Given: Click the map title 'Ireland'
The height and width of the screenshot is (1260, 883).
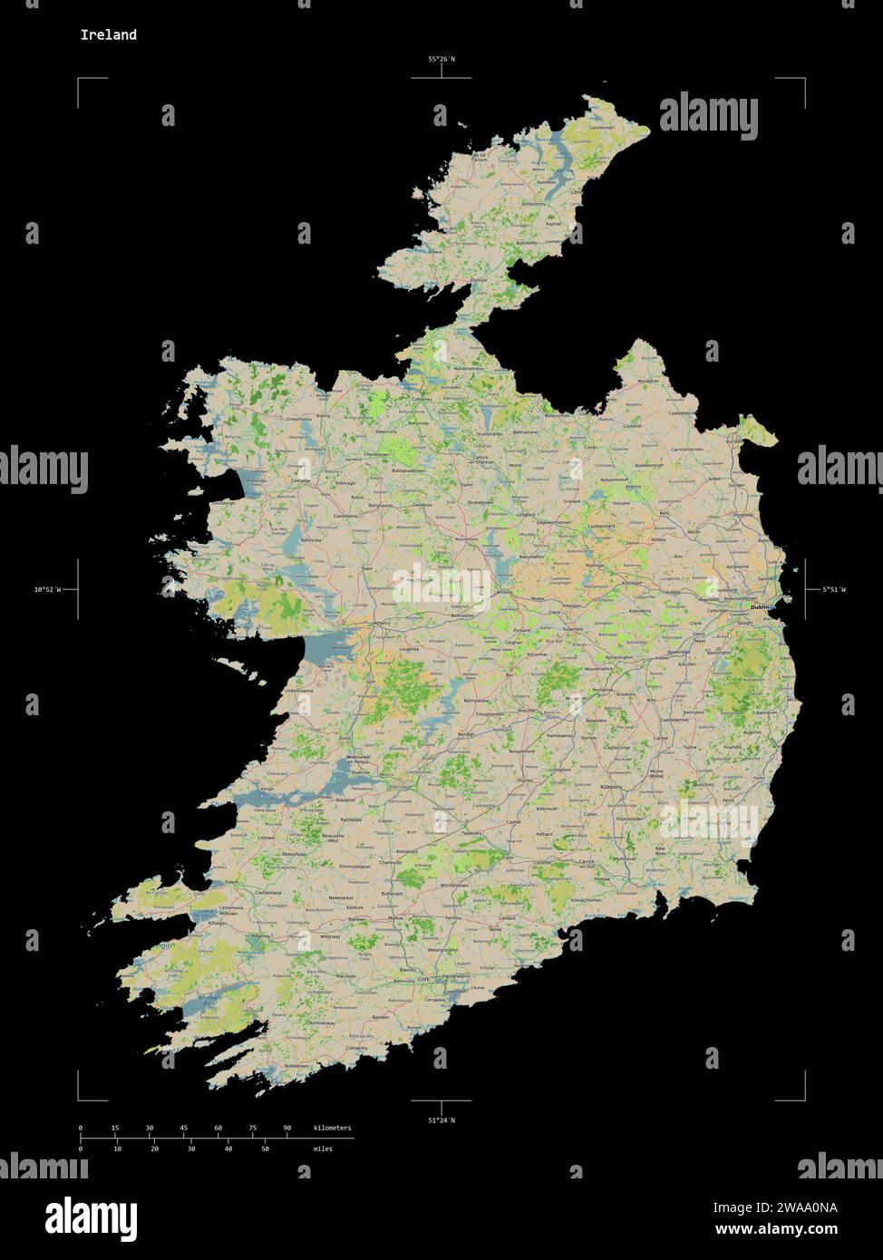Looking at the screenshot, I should click(109, 34).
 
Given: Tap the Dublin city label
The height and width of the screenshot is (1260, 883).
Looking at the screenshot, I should click(759, 607).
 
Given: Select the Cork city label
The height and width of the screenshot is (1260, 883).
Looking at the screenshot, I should click(422, 980).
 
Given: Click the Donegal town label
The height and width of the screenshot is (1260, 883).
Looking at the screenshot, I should click(479, 280).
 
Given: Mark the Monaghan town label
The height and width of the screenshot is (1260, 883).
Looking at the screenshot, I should click(647, 382).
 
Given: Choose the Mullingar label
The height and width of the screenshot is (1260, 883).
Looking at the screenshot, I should click(595, 565).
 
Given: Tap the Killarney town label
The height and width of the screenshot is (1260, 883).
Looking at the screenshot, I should click(262, 935).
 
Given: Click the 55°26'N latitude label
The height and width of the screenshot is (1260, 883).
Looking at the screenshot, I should click(441, 59).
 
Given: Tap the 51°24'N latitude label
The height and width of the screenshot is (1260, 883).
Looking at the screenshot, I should click(441, 1120).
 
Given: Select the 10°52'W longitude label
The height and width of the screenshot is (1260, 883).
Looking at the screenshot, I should click(48, 589).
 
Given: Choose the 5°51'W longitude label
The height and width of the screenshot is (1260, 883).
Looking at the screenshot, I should click(834, 589).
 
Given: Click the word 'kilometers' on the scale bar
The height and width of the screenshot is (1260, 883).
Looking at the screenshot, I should click(332, 1128).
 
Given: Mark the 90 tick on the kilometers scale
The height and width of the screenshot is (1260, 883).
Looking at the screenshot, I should click(287, 1128).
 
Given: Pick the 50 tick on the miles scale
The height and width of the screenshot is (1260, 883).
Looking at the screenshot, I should click(265, 1149).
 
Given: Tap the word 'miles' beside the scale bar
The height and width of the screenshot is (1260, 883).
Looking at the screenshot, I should click(323, 1149).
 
